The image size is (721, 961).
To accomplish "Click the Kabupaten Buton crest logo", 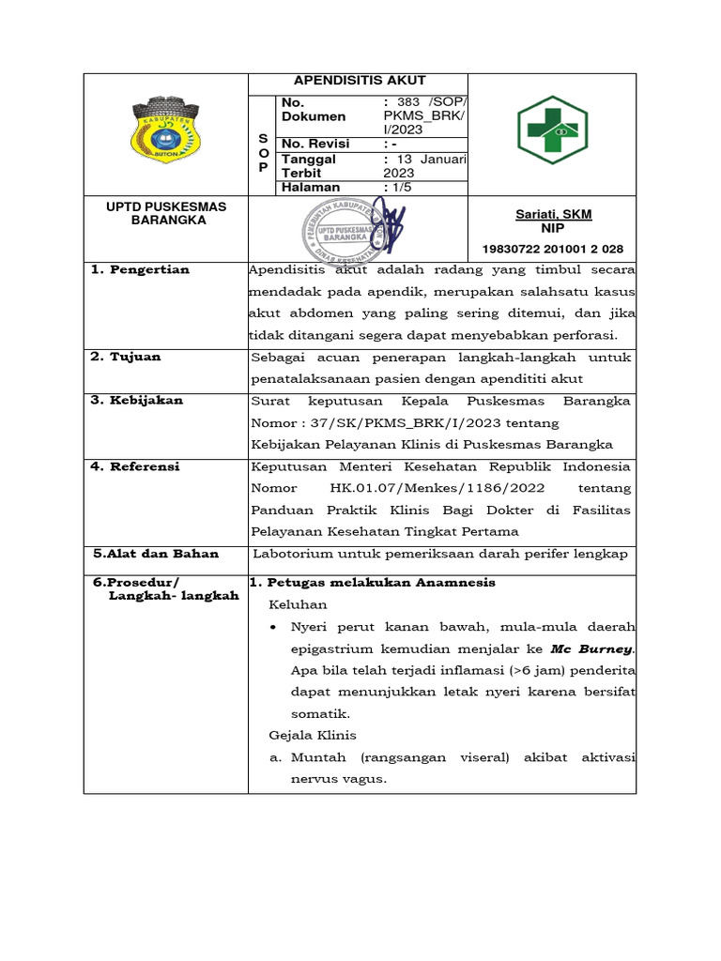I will click(x=165, y=132).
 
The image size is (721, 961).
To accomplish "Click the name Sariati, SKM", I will click(x=553, y=214).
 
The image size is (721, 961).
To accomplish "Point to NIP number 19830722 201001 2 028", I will click(x=553, y=249).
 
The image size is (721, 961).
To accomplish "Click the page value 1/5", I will click(x=398, y=188).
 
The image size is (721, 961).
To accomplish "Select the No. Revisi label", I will click(x=315, y=144).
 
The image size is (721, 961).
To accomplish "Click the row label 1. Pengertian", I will click(x=140, y=270).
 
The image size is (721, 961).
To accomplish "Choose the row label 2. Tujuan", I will click(x=126, y=357).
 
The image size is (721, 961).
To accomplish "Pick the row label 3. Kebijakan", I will click(x=137, y=400).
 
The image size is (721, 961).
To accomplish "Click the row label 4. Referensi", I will click(x=135, y=466).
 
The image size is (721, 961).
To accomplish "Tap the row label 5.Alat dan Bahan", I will click(x=156, y=554).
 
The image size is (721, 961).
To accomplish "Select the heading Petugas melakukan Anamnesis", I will click(x=378, y=583).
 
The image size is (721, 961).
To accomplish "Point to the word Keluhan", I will click(x=298, y=605).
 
